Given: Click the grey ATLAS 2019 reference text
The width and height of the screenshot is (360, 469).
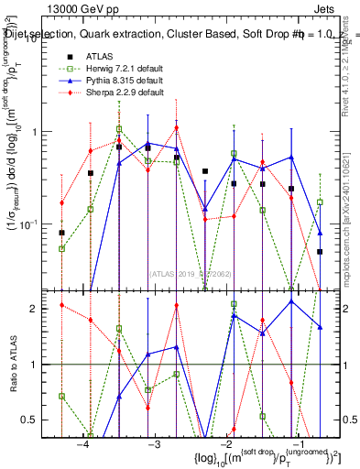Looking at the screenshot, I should click(191, 272).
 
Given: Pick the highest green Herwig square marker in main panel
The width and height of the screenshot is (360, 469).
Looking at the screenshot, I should click(119, 129).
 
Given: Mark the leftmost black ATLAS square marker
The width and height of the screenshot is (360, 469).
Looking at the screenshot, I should click(61, 233).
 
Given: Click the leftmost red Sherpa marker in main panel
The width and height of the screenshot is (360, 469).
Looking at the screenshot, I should click(61, 202).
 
